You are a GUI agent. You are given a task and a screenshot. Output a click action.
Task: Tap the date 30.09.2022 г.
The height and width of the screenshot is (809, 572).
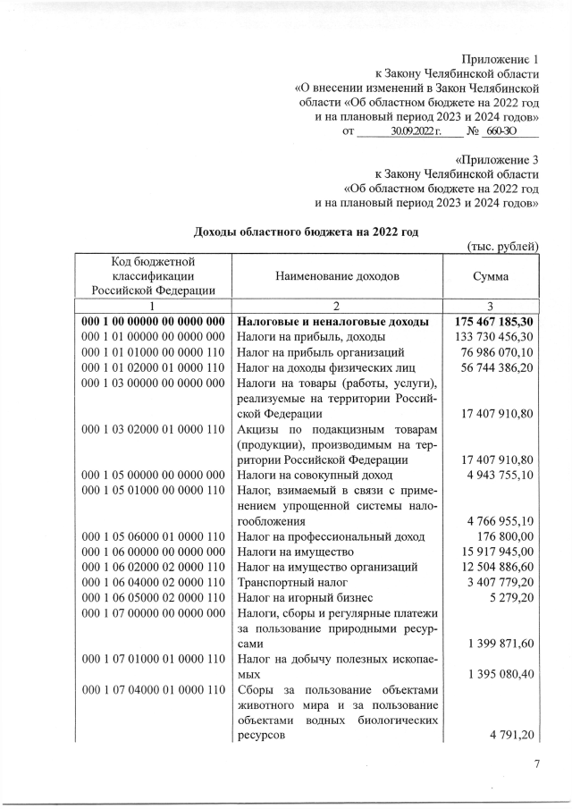[x=410, y=131]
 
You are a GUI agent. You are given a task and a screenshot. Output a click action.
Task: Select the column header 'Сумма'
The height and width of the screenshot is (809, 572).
[x=492, y=276]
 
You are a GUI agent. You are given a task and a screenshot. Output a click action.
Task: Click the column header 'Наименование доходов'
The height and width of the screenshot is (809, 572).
[x=337, y=276]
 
